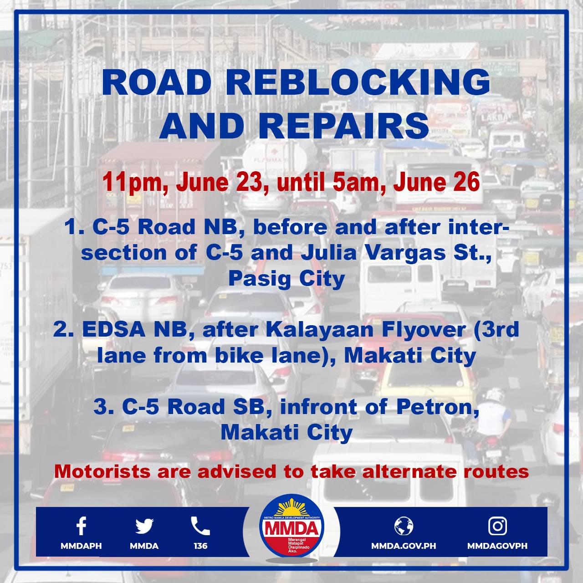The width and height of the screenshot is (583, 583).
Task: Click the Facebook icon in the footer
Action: pyautogui.click(x=81, y=526)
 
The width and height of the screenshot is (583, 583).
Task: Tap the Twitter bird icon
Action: pyautogui.click(x=144, y=526)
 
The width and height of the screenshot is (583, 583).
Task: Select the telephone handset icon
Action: pyautogui.click(x=200, y=526)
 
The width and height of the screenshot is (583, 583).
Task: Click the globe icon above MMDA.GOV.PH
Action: pyautogui.click(x=404, y=526)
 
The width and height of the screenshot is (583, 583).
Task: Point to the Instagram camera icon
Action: pyautogui.click(x=497, y=526)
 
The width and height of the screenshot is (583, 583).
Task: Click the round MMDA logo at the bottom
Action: pyautogui.click(x=291, y=528)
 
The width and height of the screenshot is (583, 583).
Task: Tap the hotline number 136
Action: pyautogui.click(x=200, y=546)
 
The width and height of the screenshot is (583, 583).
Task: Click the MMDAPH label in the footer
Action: pyautogui.click(x=81, y=546)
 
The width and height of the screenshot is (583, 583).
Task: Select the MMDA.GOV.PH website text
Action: pyautogui.click(x=404, y=546)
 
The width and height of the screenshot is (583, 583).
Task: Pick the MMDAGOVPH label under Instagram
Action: pyautogui.click(x=497, y=546)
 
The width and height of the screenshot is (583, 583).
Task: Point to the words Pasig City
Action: pyautogui.click(x=286, y=278)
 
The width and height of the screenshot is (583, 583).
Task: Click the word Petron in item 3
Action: pyautogui.click(x=437, y=406)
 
